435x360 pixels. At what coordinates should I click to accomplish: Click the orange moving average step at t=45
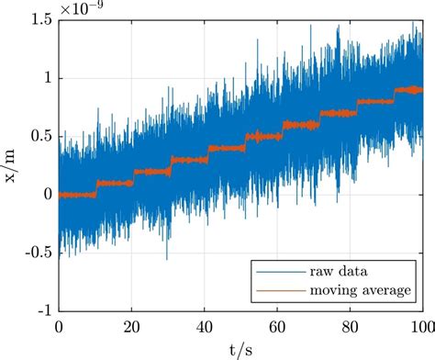(x=223, y=148)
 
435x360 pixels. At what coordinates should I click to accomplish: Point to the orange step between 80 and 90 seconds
(x=368, y=102)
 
